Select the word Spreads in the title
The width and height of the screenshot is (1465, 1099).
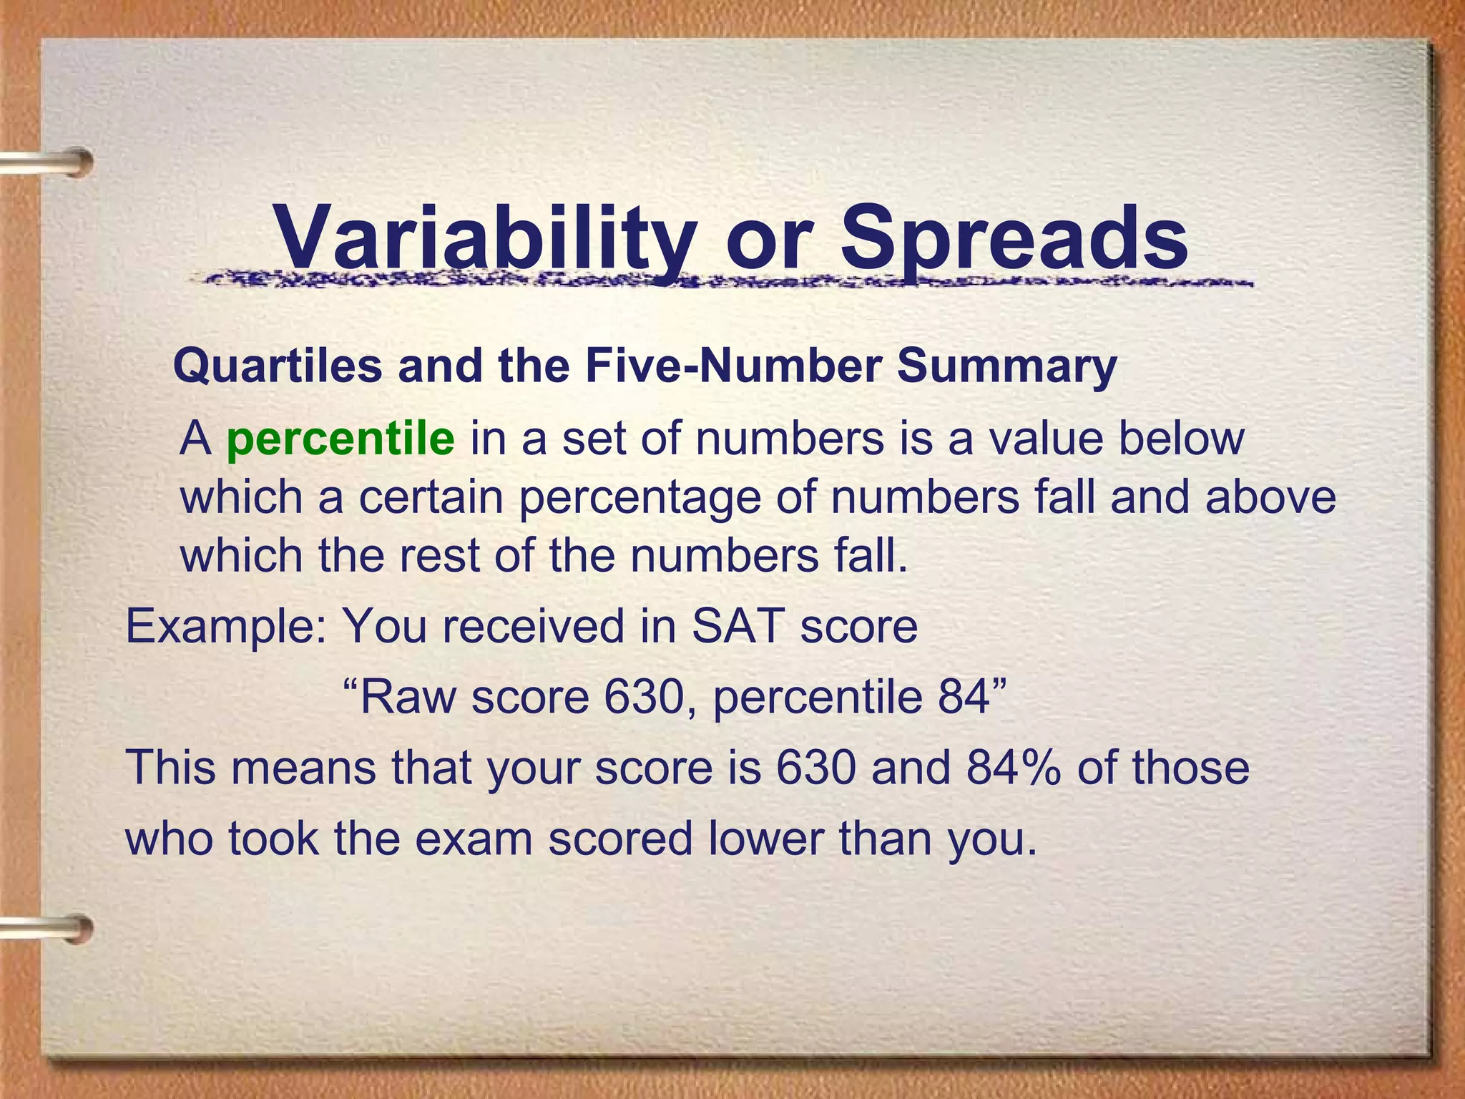[x=1014, y=236]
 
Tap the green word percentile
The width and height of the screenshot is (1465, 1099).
[x=340, y=439]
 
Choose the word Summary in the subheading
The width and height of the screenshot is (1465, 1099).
[x=1006, y=366]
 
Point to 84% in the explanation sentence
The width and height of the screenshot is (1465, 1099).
[x=1013, y=767]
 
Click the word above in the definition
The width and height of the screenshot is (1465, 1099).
[x=1270, y=497]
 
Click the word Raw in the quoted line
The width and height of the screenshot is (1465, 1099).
[x=408, y=697]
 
